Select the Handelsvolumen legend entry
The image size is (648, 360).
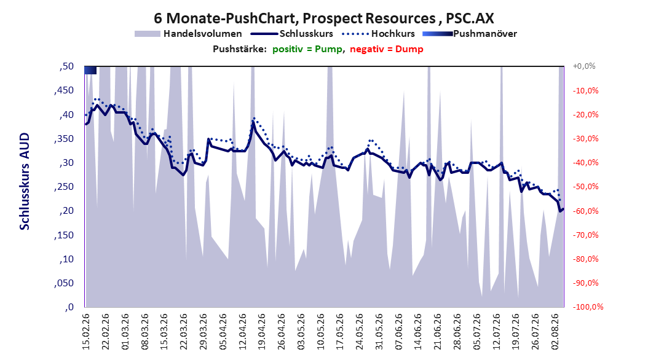tap(188, 34)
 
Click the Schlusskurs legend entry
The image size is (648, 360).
tap(292, 34)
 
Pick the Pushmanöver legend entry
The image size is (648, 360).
tap(470, 34)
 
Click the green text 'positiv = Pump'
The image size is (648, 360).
tap(307, 49)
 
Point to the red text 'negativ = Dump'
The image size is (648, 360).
tap(387, 49)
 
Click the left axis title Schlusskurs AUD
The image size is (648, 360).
tap(25, 181)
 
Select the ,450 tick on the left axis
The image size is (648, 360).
tap(64, 90)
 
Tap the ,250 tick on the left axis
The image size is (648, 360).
tap(64, 187)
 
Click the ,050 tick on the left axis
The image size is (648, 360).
tap(64, 283)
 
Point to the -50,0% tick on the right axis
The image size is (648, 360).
tap(585, 187)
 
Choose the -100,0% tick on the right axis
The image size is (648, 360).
tap(588, 307)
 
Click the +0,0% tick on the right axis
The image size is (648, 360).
tap(584, 66)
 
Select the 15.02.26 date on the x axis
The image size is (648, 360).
tap(86, 332)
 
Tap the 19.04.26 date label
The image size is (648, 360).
tap(261, 332)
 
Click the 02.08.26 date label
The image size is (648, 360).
tap(555, 332)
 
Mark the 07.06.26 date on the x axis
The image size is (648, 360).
tap(399, 332)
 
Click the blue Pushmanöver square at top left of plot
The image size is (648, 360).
tap(90, 70)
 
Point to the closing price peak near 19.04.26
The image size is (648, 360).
tap(253, 122)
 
